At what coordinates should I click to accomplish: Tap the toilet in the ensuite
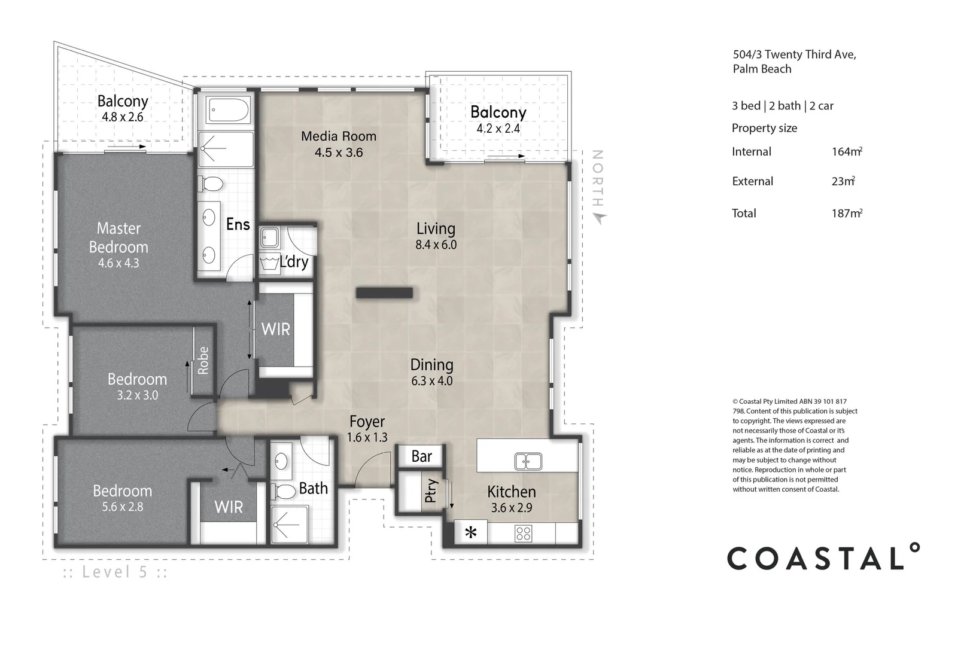(211, 184)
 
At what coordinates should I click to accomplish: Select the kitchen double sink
(528, 462)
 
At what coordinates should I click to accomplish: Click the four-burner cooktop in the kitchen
(523, 534)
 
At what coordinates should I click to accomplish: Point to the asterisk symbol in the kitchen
(470, 533)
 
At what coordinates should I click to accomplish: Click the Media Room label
(339, 136)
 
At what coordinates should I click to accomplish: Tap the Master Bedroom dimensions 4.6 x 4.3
(118, 263)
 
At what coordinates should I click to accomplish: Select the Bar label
(421, 456)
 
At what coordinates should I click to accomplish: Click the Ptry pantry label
(430, 490)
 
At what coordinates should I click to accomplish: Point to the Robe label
(203, 360)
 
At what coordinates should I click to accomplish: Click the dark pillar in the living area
(384, 293)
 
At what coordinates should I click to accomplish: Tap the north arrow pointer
(600, 218)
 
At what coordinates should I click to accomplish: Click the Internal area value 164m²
(847, 151)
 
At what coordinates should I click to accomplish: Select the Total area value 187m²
(847, 213)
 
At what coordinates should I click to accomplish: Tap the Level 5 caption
(115, 572)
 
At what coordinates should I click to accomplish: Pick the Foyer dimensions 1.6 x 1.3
(367, 438)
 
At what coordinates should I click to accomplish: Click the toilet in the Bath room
(283, 492)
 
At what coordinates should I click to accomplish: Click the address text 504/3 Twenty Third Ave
(795, 54)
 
